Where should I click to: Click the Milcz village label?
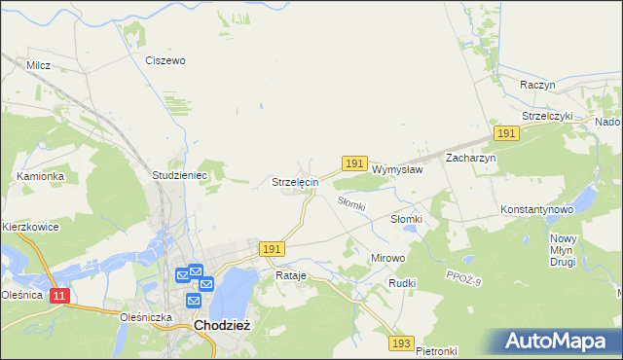39,65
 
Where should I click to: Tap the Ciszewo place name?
165,60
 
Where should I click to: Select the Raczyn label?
537,85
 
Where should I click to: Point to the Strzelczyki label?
550,116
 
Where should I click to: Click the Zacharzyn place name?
471,158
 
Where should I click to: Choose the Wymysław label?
397,168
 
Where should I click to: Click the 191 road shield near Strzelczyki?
505,132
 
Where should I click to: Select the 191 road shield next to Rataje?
273,250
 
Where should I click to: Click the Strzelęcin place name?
295,182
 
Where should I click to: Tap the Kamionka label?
40,176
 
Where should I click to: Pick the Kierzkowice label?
30,227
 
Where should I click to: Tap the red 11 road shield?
59,295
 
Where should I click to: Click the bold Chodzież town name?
223,326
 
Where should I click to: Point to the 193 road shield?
401,343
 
